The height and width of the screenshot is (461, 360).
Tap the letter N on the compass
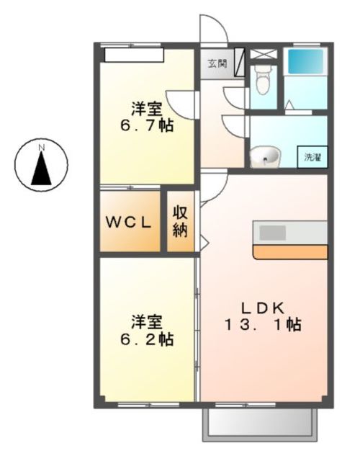(x=42, y=148)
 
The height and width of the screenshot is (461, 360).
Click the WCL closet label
(x=129, y=222)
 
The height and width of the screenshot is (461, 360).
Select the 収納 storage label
(x=179, y=222)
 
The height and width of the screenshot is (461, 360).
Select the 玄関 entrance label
(x=217, y=63)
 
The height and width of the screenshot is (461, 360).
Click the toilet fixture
(x=263, y=79)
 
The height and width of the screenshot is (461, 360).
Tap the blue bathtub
(x=306, y=62)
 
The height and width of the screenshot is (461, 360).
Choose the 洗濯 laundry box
(x=312, y=156)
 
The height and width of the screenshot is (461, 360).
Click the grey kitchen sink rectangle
(x=273, y=233)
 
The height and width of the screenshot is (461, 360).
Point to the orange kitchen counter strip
(x=291, y=251)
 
